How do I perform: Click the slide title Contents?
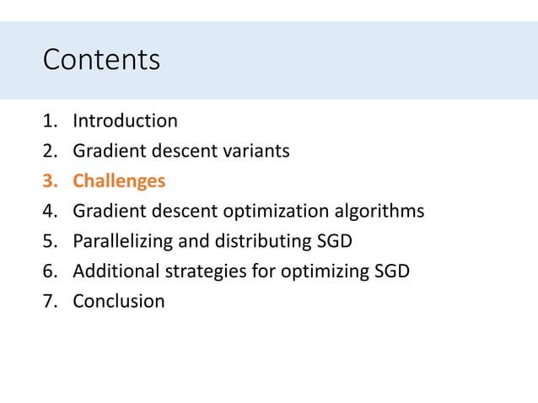[x=101, y=60]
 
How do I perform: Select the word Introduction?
[x=125, y=121]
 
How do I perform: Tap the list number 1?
[x=48, y=121]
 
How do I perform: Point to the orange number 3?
[x=48, y=181]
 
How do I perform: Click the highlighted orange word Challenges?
[x=119, y=181]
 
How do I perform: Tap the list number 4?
[x=48, y=211]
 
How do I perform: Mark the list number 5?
[x=48, y=241]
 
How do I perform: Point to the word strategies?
[x=196, y=271]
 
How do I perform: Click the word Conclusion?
[x=119, y=301]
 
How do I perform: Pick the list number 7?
[x=48, y=301]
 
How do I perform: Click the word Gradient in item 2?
[x=105, y=151]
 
